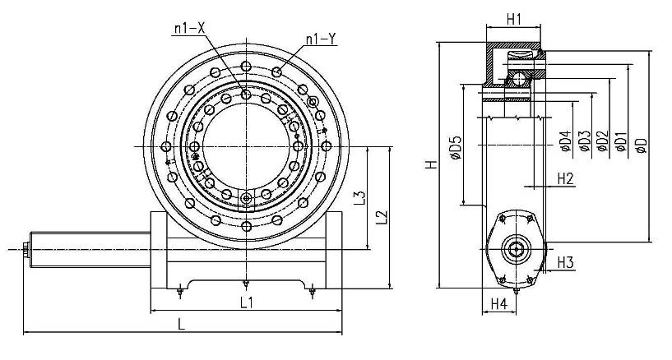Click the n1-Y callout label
coord(320,39)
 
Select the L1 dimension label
coord(246,302)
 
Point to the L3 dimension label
coord(358,198)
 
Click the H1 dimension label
coord(514,18)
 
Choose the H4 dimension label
coord(499,304)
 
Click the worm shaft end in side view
coord(517,248)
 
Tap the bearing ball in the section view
coord(518,78)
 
